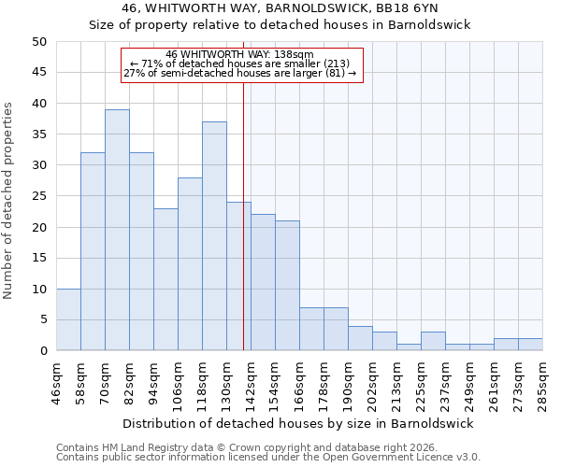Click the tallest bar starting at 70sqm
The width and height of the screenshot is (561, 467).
[x=117, y=230]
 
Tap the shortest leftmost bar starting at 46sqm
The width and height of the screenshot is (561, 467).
[x=68, y=319]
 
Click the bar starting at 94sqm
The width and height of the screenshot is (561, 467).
[x=165, y=279]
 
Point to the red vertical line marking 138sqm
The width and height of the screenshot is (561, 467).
[x=243, y=215]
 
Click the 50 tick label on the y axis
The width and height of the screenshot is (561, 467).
[x=38, y=42]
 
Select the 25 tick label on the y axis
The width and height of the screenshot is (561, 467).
[x=38, y=196]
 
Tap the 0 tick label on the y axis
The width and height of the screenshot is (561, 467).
[x=42, y=351]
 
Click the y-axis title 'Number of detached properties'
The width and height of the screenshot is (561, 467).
[x=9, y=201]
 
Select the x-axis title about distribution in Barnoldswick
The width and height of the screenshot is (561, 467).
[x=298, y=423]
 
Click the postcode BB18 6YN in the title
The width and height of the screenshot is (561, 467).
[x=413, y=8]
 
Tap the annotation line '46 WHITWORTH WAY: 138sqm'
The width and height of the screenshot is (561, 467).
[x=240, y=54]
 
